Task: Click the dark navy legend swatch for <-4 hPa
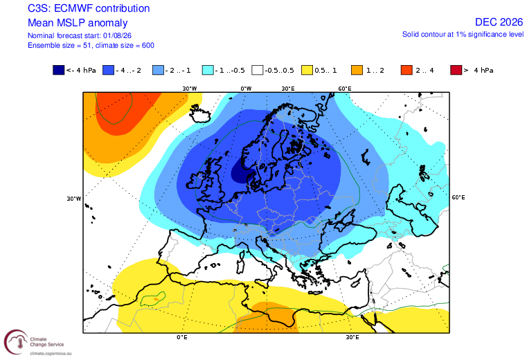[x=58, y=70]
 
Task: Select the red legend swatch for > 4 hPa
[x=456, y=70]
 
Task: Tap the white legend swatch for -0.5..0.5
[x=258, y=70]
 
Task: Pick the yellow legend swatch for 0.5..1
[x=307, y=70]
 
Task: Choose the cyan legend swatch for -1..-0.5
[x=208, y=70]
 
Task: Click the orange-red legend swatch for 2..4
[x=407, y=70]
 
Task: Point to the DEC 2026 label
[x=499, y=22]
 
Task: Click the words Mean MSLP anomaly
[x=78, y=23]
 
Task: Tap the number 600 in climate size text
[x=148, y=46]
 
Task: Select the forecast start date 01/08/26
[x=117, y=35]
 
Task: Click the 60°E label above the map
[x=345, y=89]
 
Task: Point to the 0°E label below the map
[x=182, y=336]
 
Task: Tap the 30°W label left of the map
[x=74, y=199]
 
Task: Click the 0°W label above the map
[x=246, y=89]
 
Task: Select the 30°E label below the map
[x=352, y=336]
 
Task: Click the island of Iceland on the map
[x=200, y=114]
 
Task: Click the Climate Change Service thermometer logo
[x=16, y=342]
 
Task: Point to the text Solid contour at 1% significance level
[x=463, y=35]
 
